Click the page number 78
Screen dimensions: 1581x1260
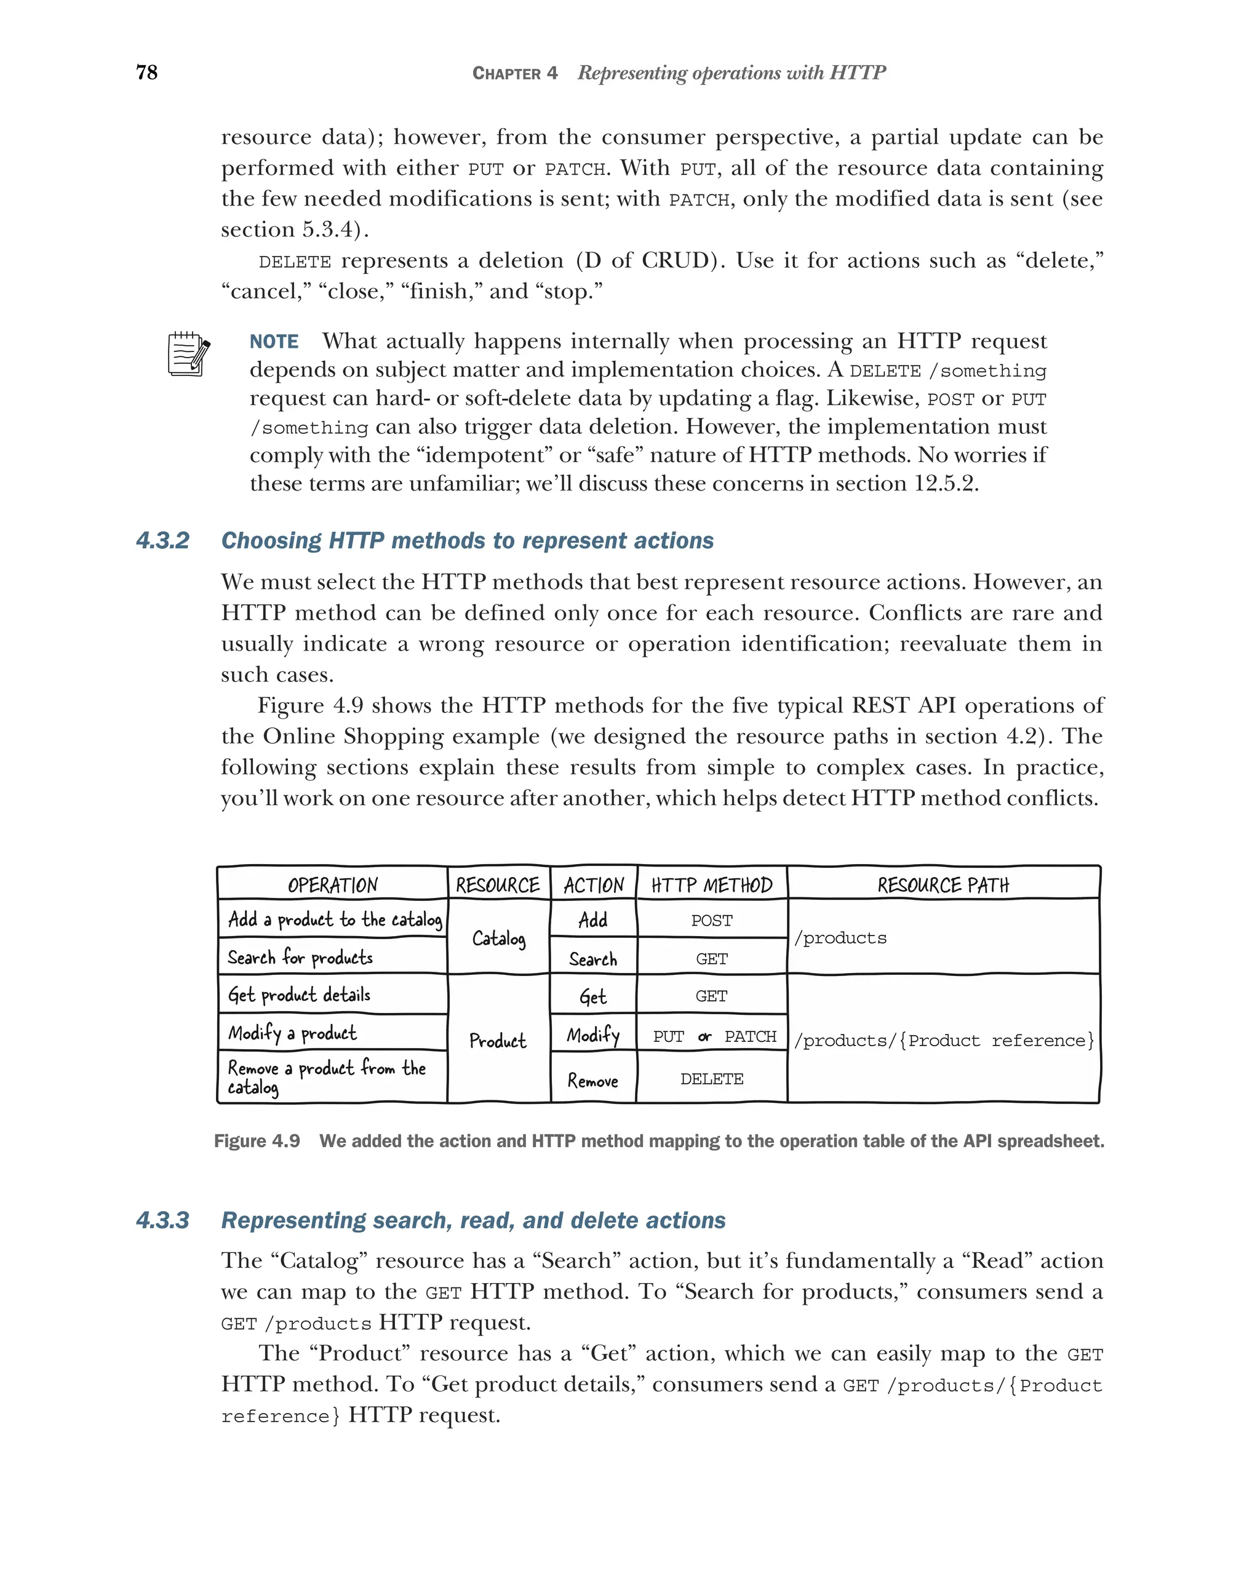pyautogui.click(x=146, y=72)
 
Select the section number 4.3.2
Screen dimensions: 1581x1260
pyautogui.click(x=162, y=540)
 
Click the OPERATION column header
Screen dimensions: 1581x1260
pyautogui.click(x=333, y=885)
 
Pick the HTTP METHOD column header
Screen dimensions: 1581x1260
pyautogui.click(x=711, y=885)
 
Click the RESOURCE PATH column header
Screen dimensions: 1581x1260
pyautogui.click(x=943, y=885)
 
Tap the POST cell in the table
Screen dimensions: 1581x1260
pyautogui.click(x=711, y=920)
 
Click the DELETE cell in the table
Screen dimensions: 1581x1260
pyautogui.click(x=711, y=1079)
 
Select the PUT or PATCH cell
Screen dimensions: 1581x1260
pyautogui.click(x=714, y=1036)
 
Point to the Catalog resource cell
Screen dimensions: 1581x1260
pyautogui.click(x=498, y=938)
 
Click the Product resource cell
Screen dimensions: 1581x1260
pyautogui.click(x=498, y=1041)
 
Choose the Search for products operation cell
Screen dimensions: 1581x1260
pyautogui.click(x=300, y=957)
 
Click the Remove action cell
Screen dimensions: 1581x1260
pyautogui.click(x=592, y=1080)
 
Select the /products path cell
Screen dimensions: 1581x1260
pyautogui.click(x=841, y=938)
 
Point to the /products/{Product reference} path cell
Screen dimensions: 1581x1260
pyautogui.click(x=943, y=1041)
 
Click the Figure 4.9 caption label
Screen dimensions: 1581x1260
pyautogui.click(x=257, y=1141)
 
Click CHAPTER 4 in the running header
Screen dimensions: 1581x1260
pyautogui.click(x=514, y=73)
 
